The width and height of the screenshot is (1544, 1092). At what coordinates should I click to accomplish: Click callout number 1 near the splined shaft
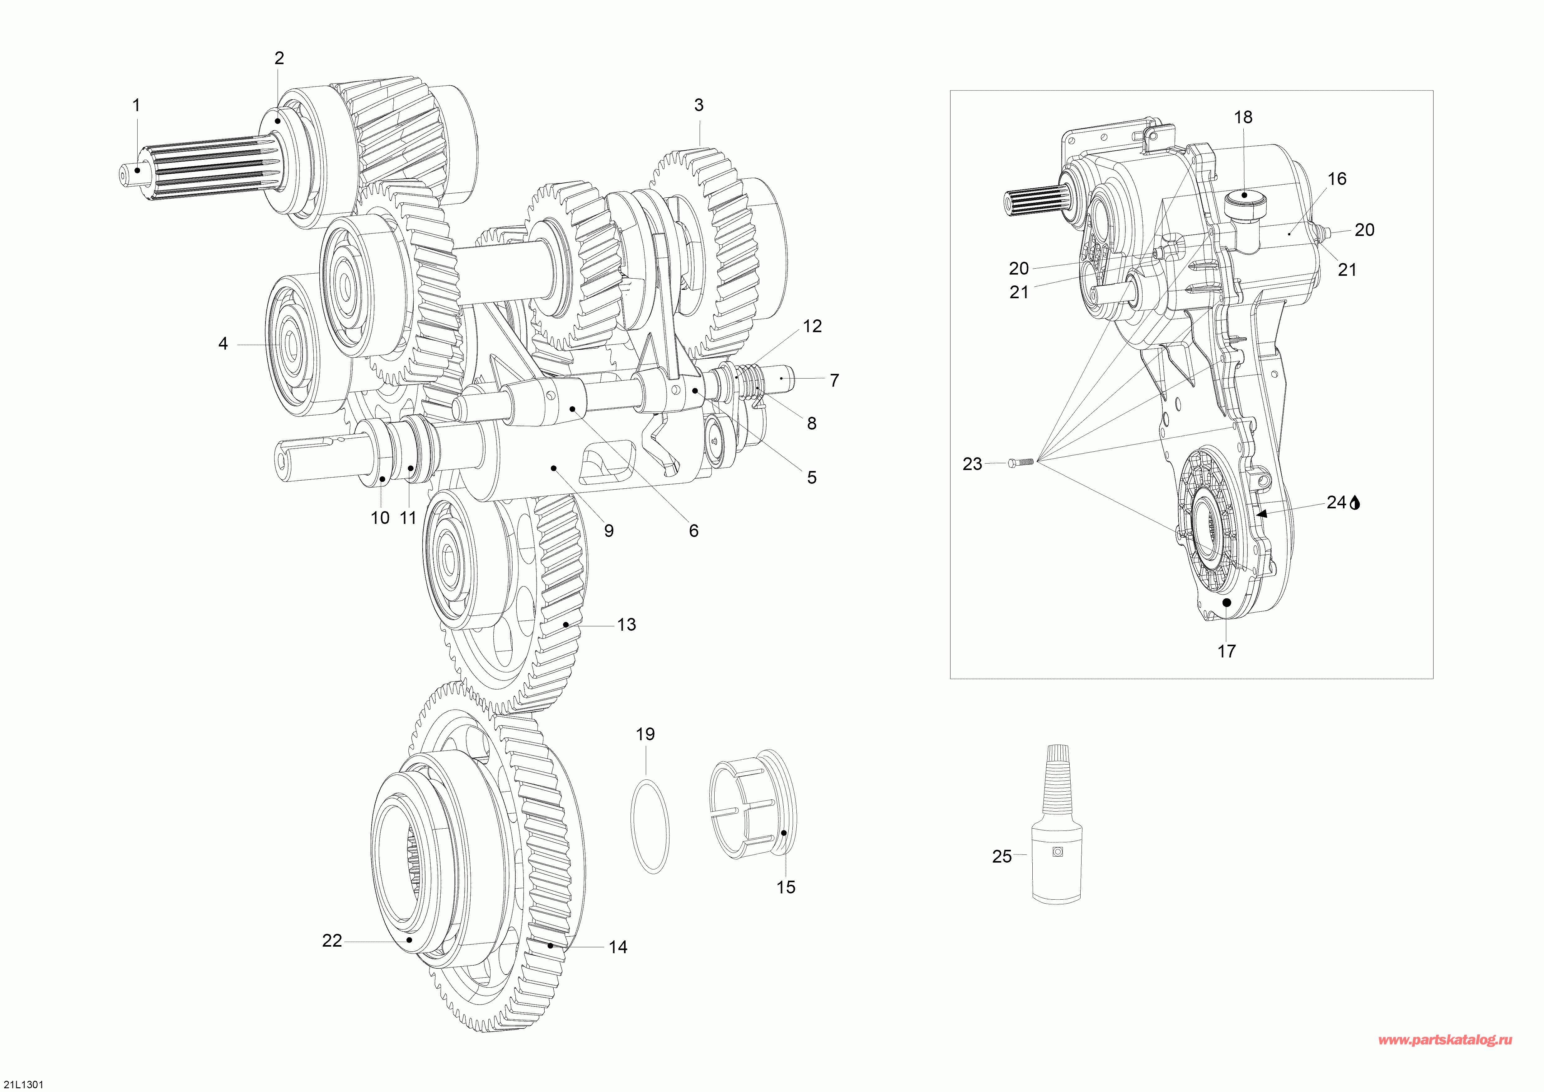(x=137, y=106)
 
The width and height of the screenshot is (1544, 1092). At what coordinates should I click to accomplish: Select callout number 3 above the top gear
(x=699, y=106)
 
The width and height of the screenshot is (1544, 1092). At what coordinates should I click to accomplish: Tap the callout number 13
(x=626, y=625)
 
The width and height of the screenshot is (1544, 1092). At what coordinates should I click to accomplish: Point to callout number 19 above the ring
(x=645, y=734)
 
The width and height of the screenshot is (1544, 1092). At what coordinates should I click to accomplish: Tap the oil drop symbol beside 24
(x=1354, y=503)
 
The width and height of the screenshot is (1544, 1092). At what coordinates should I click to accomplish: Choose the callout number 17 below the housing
(x=1227, y=651)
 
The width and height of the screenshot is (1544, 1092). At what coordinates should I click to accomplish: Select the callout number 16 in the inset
(x=1337, y=179)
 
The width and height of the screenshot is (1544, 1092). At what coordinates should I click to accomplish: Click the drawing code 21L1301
(x=23, y=1084)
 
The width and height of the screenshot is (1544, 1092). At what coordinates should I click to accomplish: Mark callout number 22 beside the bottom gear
(x=332, y=941)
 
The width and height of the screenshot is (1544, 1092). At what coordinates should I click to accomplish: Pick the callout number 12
(x=812, y=326)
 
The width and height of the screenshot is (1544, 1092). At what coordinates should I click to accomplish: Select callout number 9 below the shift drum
(x=608, y=531)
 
